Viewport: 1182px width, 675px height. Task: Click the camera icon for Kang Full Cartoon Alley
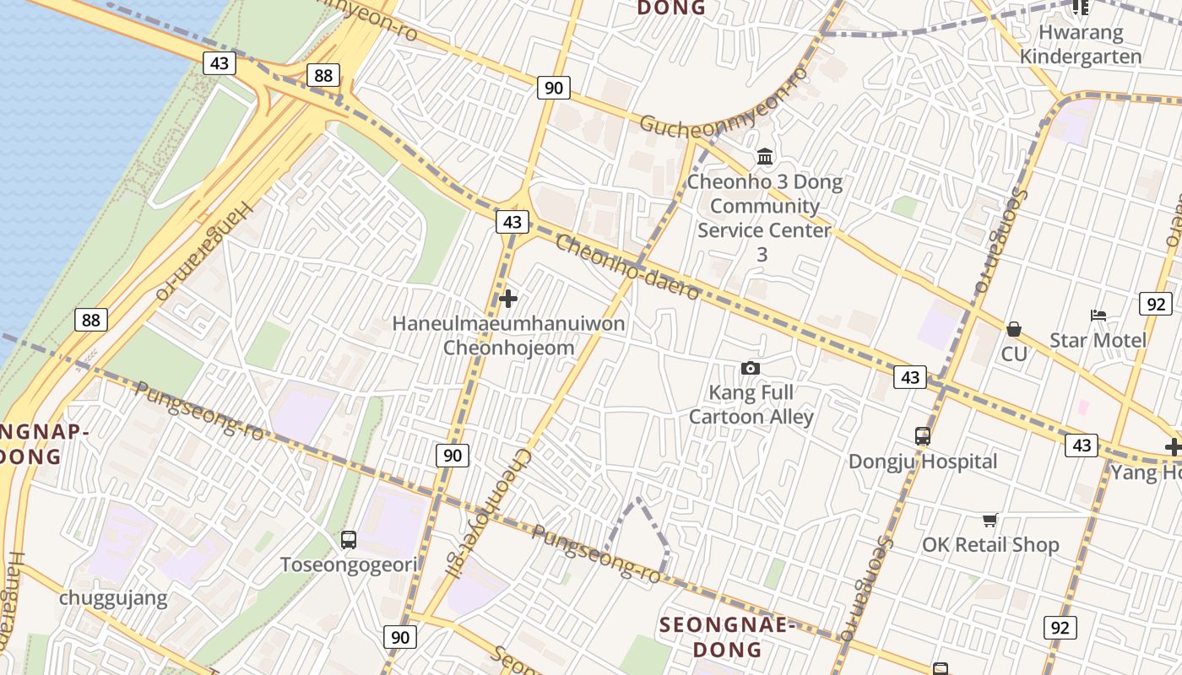tap(750, 368)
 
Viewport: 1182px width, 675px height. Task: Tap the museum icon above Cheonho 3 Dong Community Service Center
tap(765, 156)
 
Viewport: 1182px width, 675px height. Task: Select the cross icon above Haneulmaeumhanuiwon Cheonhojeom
tap(508, 299)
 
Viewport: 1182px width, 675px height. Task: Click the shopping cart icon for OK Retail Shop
tap(990, 520)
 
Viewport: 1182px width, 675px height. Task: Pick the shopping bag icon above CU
tap(1013, 329)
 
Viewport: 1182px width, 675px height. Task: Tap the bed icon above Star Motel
tap(1098, 316)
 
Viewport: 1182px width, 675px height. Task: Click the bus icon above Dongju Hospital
tap(923, 436)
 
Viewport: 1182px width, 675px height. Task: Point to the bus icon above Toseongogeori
tap(348, 539)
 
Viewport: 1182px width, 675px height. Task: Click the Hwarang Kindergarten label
tap(1081, 45)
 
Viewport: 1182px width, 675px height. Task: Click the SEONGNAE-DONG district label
tap(728, 637)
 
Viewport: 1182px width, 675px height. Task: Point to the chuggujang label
tap(113, 599)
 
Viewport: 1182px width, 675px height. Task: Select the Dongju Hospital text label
tap(923, 462)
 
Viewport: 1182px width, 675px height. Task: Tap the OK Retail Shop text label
tap(990, 544)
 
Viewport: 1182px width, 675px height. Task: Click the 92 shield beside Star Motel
tap(1155, 304)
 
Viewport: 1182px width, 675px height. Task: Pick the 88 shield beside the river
tap(90, 320)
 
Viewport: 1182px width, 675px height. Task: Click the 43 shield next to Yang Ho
tap(1081, 445)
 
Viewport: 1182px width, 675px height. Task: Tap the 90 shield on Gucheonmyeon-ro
tap(553, 87)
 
